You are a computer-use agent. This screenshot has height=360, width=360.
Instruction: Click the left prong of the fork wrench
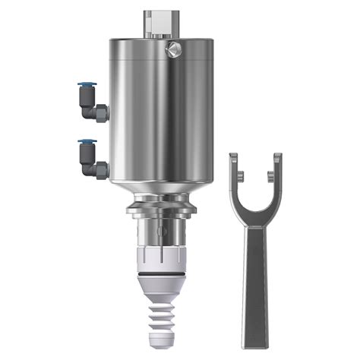[235, 170]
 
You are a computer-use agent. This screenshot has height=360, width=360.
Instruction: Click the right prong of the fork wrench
[276, 170]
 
